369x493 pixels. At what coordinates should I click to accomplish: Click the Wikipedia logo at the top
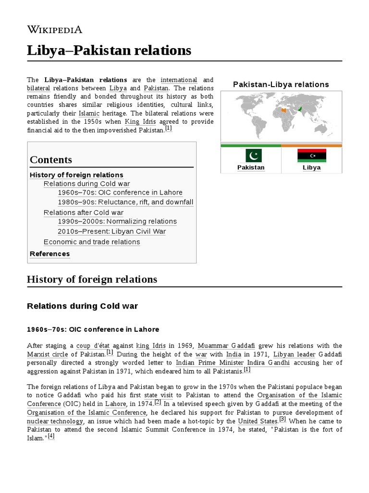click(x=54, y=29)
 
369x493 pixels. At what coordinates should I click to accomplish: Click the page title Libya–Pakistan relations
click(x=109, y=50)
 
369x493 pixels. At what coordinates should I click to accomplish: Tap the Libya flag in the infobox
click(x=311, y=156)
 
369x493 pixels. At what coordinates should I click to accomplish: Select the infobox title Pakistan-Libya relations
click(x=281, y=84)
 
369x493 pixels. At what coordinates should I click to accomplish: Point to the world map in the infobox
click(x=281, y=116)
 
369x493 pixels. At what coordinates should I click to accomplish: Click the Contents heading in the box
click(x=51, y=160)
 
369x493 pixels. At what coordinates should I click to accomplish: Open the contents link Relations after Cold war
click(x=83, y=212)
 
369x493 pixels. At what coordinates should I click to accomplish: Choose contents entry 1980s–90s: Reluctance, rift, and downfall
click(x=125, y=202)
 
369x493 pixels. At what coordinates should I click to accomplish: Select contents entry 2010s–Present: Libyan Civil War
click(x=111, y=231)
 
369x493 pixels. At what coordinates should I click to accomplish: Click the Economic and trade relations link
click(x=92, y=242)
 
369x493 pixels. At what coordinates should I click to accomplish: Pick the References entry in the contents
click(x=49, y=254)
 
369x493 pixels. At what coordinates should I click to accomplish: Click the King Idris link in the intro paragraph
click(x=139, y=122)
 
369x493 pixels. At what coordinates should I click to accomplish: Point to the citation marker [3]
click(x=283, y=419)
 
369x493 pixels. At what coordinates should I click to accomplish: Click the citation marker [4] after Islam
click(x=51, y=436)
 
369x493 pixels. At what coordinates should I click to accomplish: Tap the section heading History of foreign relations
click(x=92, y=279)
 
